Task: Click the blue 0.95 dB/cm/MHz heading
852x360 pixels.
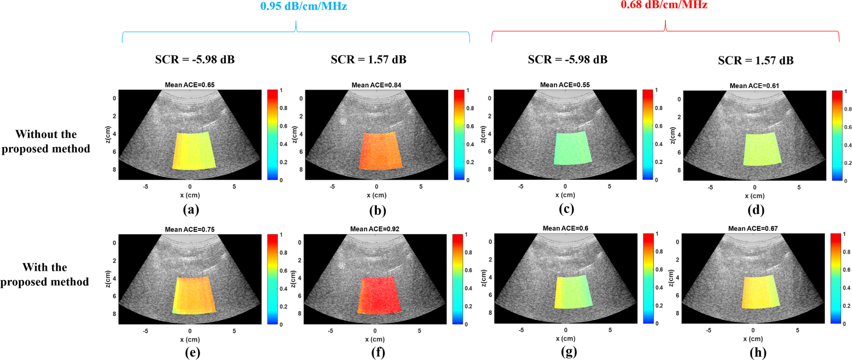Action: [x=303, y=6]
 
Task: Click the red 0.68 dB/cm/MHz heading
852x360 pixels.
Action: [x=664, y=5]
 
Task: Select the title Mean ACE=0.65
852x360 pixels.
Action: [x=190, y=85]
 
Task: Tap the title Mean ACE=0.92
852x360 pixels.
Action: [x=374, y=229]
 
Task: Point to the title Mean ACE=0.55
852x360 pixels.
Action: [x=565, y=85]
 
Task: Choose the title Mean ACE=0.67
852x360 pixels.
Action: [x=753, y=228]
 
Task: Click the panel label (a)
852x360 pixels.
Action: [x=191, y=209]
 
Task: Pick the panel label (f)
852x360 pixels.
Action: [x=377, y=352]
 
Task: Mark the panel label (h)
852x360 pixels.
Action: [x=758, y=352]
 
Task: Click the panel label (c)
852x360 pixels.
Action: [x=566, y=209]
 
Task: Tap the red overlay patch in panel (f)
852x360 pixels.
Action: [x=379, y=296]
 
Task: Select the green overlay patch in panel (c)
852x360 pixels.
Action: [x=573, y=148]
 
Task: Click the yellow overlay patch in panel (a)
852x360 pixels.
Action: [x=194, y=151]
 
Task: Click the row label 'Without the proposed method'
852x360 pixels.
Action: [x=46, y=142]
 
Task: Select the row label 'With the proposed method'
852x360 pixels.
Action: [x=45, y=274]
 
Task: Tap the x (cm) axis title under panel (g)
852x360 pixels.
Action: [x=565, y=339]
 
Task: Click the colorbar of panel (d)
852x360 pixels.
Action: [x=837, y=135]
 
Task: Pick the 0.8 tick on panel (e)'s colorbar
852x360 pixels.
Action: [x=283, y=253]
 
